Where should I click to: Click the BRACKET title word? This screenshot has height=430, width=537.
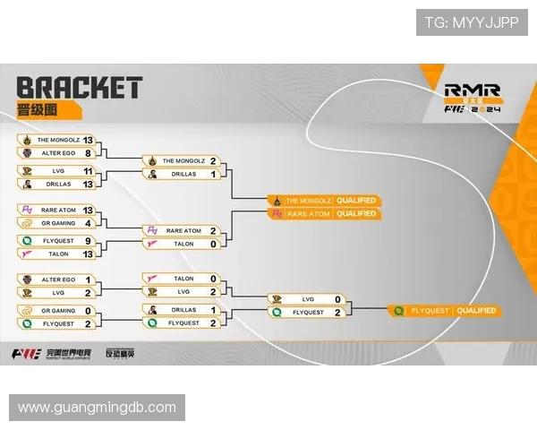(x=80, y=88)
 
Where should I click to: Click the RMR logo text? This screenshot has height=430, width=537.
(x=472, y=90)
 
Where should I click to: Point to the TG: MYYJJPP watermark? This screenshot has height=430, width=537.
(x=471, y=23)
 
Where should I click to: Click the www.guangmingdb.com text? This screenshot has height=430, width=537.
(x=97, y=408)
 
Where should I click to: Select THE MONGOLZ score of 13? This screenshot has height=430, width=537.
(x=88, y=140)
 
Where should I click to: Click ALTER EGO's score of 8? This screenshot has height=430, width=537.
(x=88, y=153)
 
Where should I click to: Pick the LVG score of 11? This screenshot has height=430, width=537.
(x=88, y=170)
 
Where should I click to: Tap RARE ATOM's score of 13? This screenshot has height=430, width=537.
(x=88, y=210)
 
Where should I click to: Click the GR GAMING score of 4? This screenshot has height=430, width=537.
(x=88, y=222)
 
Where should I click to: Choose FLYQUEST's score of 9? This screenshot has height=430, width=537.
(x=88, y=240)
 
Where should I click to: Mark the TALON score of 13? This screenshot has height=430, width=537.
(x=88, y=254)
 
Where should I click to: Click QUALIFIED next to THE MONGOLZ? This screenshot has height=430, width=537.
(x=357, y=200)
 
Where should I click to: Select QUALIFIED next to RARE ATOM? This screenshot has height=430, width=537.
(x=357, y=213)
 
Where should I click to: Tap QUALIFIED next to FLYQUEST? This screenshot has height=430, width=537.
(x=476, y=311)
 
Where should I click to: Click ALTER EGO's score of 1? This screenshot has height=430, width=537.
(x=88, y=279)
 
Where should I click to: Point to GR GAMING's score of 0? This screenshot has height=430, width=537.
(x=88, y=310)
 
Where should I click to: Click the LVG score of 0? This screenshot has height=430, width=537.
(x=337, y=299)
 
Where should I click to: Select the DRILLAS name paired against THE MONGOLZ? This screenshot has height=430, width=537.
(x=184, y=174)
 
